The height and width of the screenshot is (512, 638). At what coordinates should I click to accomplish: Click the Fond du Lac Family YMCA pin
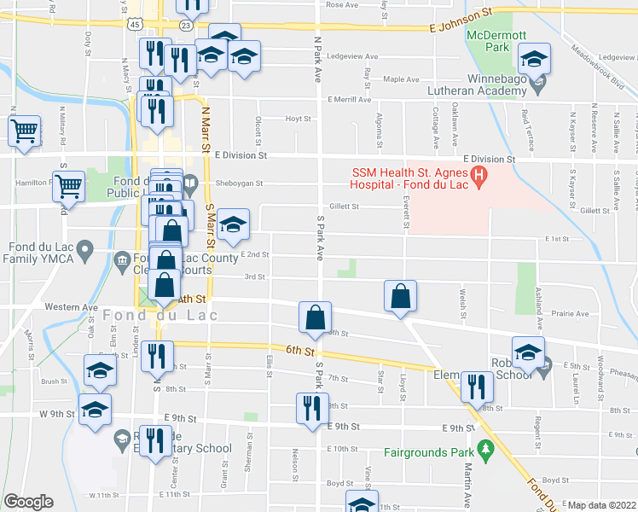tap(84, 249)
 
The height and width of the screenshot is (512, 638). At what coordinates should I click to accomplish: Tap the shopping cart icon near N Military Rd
tap(24, 131)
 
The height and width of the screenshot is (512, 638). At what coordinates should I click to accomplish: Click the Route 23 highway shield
tap(186, 26)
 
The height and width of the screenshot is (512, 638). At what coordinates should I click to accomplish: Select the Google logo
tap(29, 503)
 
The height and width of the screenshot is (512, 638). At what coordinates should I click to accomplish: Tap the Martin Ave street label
tap(468, 486)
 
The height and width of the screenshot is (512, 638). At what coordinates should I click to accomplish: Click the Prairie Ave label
tap(571, 313)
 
